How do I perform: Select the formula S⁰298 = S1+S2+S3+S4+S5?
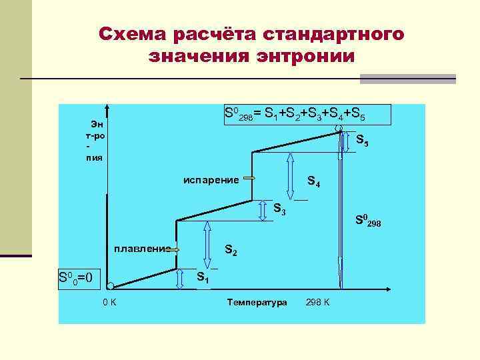click(295, 114)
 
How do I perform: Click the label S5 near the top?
click(362, 141)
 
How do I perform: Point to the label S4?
click(313, 181)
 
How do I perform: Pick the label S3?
click(280, 209)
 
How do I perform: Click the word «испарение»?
click(211, 179)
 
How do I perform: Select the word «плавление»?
click(141, 249)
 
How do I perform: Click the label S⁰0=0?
click(79, 276)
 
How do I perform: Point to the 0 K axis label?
click(109, 303)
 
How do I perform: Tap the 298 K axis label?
click(317, 303)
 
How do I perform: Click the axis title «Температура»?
click(257, 303)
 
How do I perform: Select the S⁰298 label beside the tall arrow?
click(368, 219)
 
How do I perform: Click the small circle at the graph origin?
click(110, 286)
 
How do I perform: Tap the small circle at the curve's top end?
click(339, 129)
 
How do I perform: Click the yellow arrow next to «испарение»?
click(251, 179)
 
